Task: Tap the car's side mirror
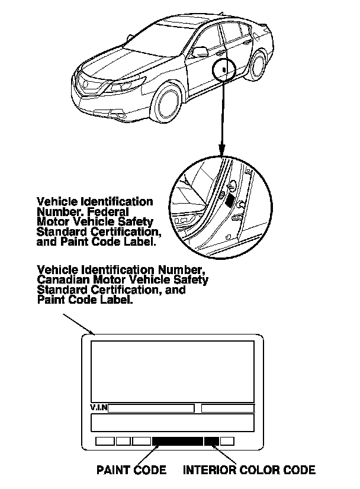202,53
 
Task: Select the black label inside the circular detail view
230,200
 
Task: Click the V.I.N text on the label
99,408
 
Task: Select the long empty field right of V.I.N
151,408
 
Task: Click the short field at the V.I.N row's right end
228,408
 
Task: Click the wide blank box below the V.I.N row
172,423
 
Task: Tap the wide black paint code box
177,441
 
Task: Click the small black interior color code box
212,441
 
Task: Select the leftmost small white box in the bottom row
104,441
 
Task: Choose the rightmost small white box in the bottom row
227,441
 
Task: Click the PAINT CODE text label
131,471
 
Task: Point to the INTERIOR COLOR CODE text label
249,471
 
